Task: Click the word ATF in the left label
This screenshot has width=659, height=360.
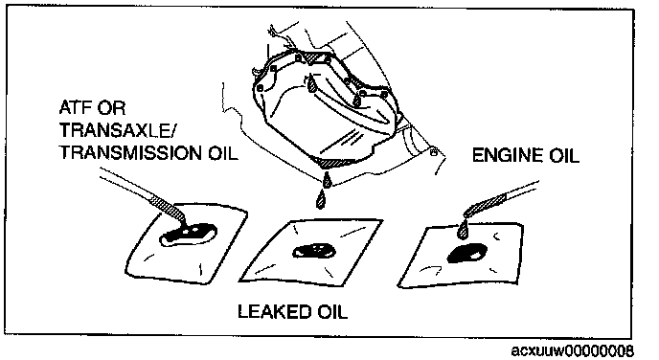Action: (76, 108)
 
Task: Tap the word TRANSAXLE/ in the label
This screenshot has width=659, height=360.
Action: (117, 130)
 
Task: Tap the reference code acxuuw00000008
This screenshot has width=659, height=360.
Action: (572, 350)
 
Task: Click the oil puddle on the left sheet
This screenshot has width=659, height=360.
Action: (188, 234)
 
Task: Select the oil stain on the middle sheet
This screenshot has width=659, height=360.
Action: (314, 250)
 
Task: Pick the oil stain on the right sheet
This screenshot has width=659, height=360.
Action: (466, 254)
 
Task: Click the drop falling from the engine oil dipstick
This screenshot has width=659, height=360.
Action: (464, 230)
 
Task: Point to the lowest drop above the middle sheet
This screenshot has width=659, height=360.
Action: (321, 199)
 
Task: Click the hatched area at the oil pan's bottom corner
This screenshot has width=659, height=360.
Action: (333, 162)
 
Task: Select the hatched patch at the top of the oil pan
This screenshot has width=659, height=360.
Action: (313, 56)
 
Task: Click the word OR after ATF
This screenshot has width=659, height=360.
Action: (111, 108)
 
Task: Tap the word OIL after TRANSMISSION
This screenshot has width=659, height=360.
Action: (223, 153)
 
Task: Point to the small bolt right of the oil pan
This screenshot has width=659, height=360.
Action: (433, 151)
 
